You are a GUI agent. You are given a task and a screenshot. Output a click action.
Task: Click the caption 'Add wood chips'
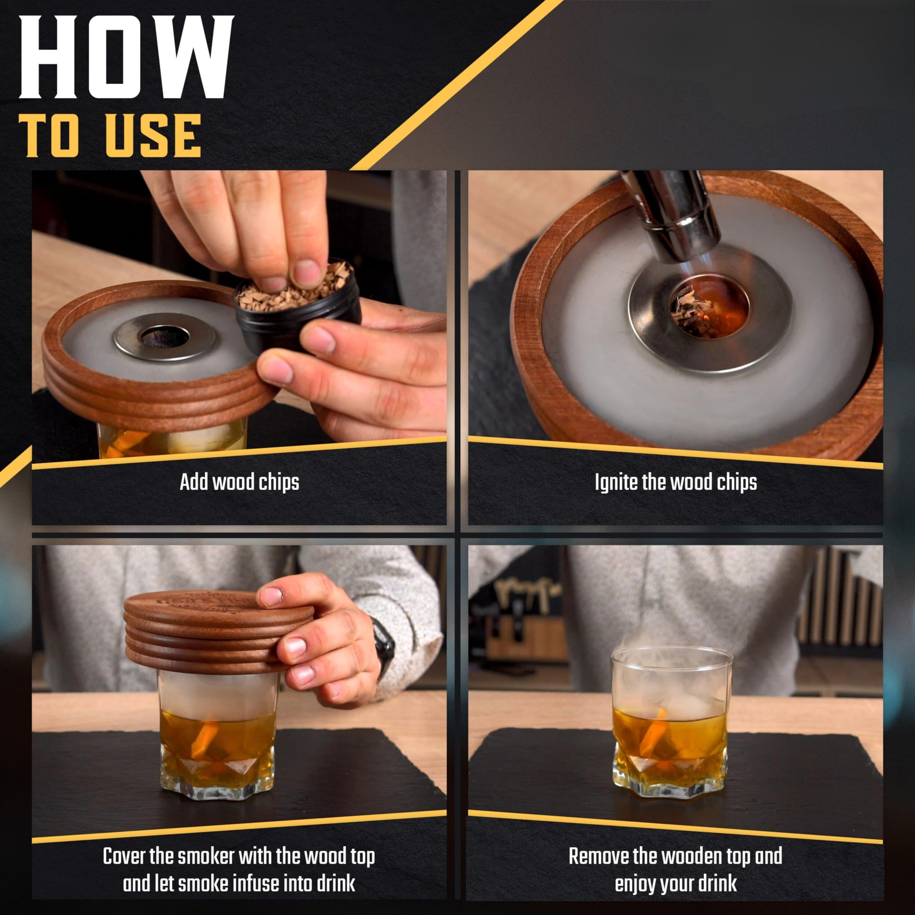[239, 482]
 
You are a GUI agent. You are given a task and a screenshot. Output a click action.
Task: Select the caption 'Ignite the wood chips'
[676, 482]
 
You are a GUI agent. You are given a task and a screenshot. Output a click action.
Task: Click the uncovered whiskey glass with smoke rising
[669, 722]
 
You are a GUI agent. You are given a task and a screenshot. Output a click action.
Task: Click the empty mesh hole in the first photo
[165, 336]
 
